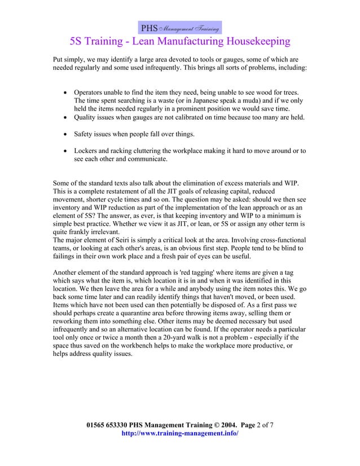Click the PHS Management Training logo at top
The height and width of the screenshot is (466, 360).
[x=180, y=28]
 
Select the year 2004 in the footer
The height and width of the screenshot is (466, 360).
[x=225, y=424]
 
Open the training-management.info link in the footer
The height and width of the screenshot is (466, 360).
[x=180, y=433]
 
